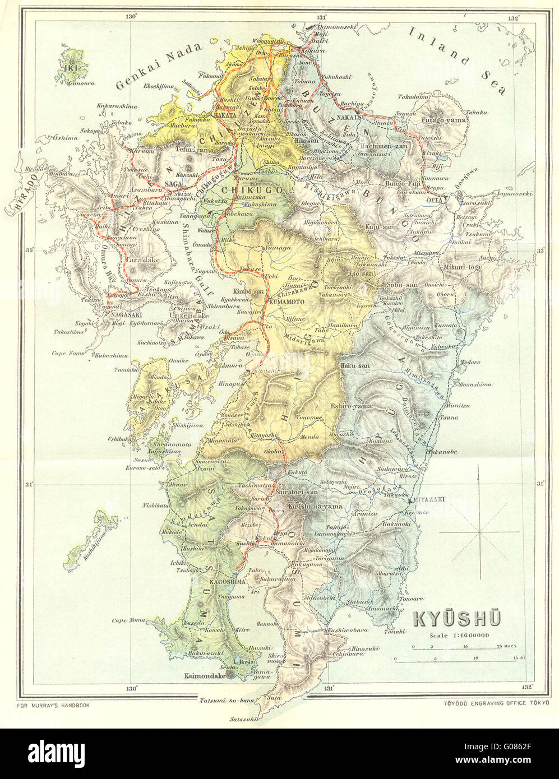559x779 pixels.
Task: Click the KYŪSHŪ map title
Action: point(458,619)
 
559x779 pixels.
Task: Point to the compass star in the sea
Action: point(480,532)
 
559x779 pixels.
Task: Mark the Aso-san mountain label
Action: point(361,272)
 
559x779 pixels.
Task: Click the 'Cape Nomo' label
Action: point(67,353)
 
